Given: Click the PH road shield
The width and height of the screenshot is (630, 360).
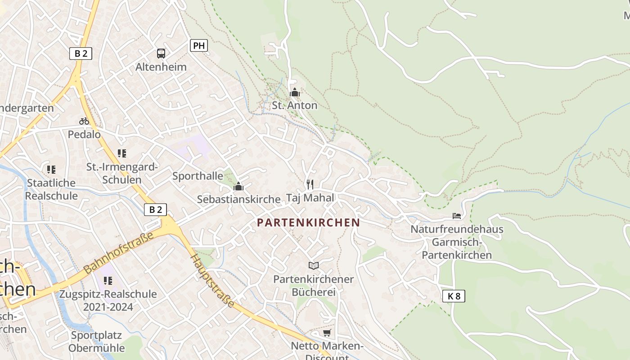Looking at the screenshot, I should pos(199,45).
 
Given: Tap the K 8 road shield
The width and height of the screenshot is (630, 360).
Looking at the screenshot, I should pos(454,296).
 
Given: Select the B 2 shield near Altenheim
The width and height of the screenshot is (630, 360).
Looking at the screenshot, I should pos(81,54).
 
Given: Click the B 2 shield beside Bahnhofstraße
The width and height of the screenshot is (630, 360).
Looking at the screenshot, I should pos(156,210).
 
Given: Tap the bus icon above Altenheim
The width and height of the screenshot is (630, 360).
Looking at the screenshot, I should pos(161,54).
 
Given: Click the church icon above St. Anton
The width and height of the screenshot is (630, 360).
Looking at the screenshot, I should pos(295,92).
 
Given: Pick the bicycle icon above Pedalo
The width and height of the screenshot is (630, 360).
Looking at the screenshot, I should pos(84,121).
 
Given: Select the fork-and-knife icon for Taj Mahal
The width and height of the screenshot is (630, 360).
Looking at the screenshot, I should pos(310,184).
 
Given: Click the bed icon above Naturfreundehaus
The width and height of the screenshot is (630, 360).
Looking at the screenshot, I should pos(457,216).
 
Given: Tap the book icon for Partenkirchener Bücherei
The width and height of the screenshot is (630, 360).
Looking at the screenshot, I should pos(313,266).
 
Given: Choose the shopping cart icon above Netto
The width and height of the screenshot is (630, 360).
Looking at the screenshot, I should pos(327,333).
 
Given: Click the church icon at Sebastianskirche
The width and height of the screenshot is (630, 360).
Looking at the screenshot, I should pos(238,186).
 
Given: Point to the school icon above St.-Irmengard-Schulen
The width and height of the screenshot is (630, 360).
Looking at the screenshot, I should pos(121,153).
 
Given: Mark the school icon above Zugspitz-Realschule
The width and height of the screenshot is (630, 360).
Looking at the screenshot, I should pos(108,281).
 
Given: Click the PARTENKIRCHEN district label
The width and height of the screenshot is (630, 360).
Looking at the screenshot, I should pos(308,222).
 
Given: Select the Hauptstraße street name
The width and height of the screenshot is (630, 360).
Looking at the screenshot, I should pos(212,281).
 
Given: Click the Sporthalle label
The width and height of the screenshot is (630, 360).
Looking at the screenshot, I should pos(198,175).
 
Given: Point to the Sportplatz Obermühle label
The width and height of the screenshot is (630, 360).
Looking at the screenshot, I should pos(96,342).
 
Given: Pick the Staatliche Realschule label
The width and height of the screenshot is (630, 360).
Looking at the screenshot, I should pos(51,189).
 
